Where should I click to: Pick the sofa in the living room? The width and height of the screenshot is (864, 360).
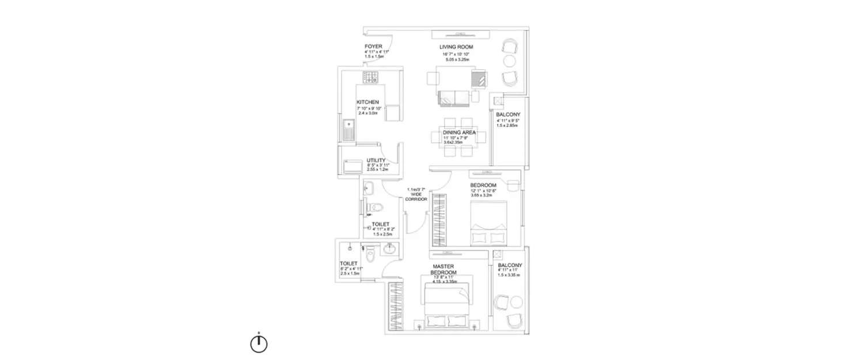pyautogui.click(x=454, y=98)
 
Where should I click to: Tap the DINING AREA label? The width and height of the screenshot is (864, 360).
pyautogui.click(x=459, y=132)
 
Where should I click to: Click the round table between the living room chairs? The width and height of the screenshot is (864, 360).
pyautogui.click(x=509, y=61)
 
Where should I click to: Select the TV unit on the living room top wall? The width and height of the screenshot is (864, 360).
pyautogui.click(x=461, y=33)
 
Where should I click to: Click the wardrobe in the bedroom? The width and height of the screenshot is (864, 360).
pyautogui.click(x=439, y=222)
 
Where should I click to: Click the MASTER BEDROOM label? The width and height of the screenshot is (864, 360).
pyautogui.click(x=444, y=269)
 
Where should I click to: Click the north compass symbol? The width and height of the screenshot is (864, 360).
pyautogui.click(x=259, y=343)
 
